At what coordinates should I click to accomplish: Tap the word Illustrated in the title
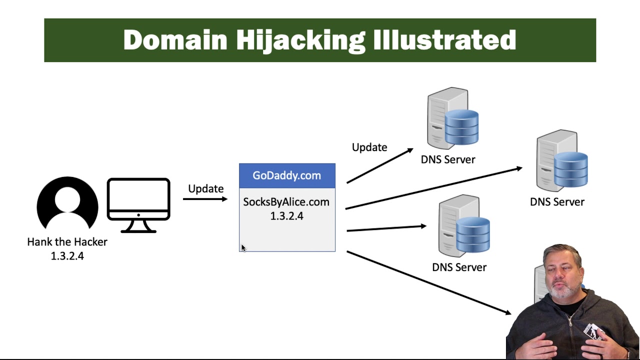coord(444,40)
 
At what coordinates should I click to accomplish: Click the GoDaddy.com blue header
coord(287,175)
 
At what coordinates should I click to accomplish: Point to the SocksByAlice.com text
coord(286,202)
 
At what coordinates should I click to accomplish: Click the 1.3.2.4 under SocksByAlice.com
coord(286,216)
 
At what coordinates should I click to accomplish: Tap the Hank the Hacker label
coord(67,242)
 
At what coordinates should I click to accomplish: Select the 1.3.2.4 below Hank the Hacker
coord(67,256)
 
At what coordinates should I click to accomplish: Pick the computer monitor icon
coord(138,204)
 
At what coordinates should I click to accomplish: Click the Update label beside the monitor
coord(205,189)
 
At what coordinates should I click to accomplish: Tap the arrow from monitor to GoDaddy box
coord(205,199)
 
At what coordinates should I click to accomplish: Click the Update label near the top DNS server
coord(369,147)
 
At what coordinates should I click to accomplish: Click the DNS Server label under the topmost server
coord(448,159)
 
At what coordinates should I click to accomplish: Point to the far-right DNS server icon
coord(561,161)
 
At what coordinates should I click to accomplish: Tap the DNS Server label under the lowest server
coord(459,267)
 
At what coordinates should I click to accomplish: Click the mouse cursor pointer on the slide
coord(243,248)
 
